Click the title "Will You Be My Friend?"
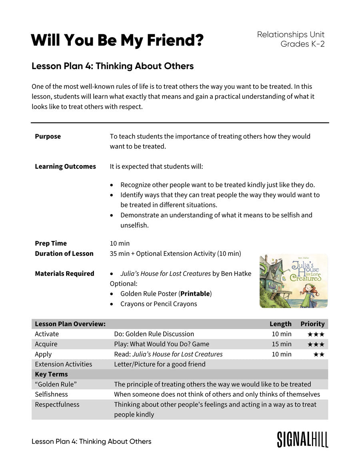[x=117, y=40]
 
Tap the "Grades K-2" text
[x=302, y=44]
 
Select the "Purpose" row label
[x=48, y=136]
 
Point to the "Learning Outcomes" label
[x=65, y=166]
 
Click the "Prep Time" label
[x=51, y=243]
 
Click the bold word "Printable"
[x=195, y=294]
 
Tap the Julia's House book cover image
[x=294, y=281]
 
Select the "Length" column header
[x=280, y=324]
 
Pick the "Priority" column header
[x=312, y=324]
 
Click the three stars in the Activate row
[x=316, y=334]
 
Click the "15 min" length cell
[x=281, y=344]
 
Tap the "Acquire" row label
[x=46, y=344]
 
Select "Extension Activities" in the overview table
[x=63, y=364]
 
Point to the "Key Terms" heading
[x=51, y=374]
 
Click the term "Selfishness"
[x=51, y=394]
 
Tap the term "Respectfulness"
[x=57, y=404]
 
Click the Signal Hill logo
[x=302, y=440]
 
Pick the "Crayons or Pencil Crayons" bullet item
[x=158, y=304]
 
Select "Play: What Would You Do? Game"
[x=162, y=344]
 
